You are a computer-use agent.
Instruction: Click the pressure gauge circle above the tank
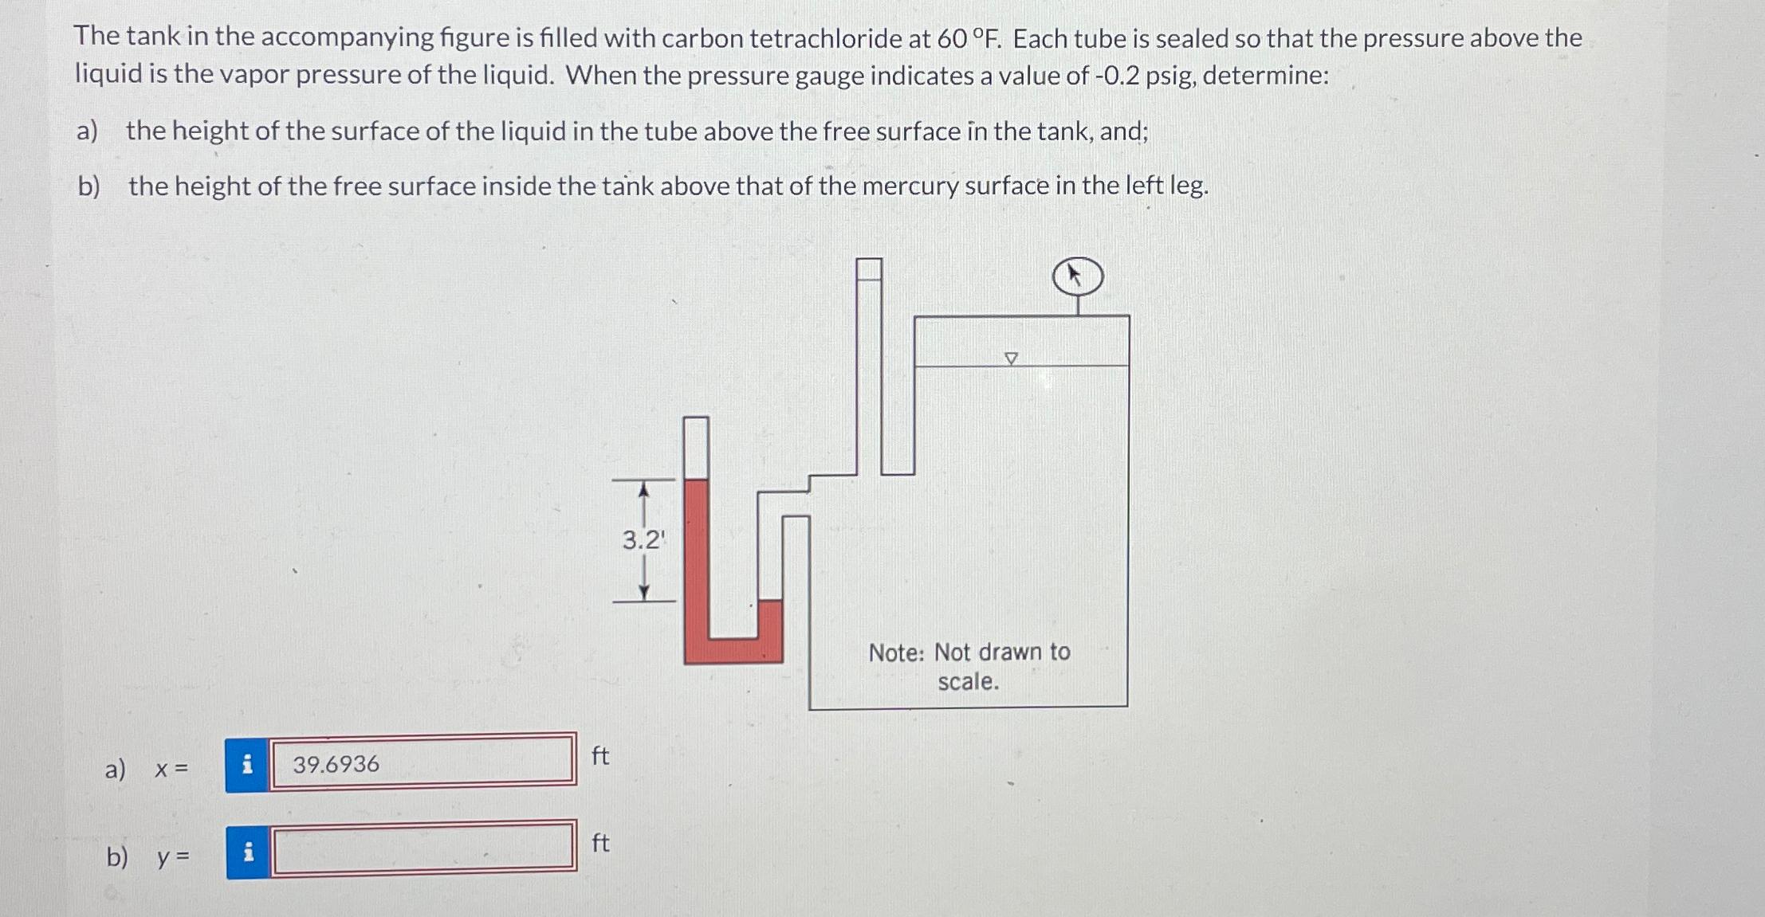[1078, 277]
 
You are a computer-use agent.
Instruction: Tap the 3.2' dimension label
[643, 541]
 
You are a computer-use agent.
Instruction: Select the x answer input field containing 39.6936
[422, 763]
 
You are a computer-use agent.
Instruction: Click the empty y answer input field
[422, 849]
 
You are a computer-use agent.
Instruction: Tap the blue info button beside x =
[247, 765]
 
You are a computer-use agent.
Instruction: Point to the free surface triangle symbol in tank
[1011, 359]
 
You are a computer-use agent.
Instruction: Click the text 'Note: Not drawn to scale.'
[969, 667]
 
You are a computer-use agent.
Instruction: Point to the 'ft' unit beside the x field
[600, 755]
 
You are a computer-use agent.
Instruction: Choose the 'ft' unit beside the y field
[600, 843]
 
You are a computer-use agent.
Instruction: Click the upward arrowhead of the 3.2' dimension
[644, 488]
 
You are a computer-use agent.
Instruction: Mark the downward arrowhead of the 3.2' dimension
[644, 592]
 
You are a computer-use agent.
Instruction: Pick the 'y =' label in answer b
[173, 858]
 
